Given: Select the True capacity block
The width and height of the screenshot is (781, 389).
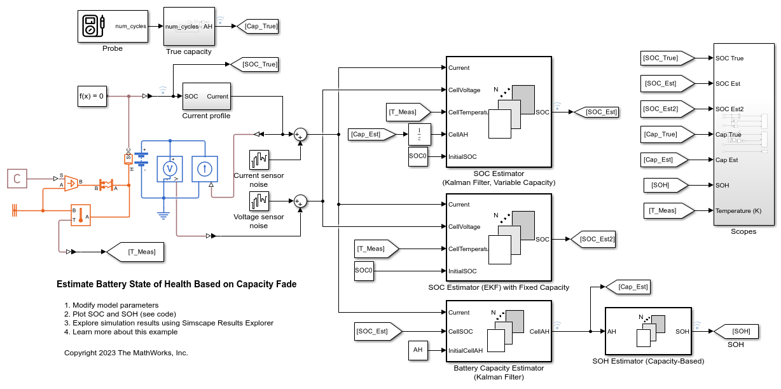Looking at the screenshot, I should coord(188,27).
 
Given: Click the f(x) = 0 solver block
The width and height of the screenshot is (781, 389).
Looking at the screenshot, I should coord(92,96).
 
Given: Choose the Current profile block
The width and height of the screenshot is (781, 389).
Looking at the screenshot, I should coord(206,97).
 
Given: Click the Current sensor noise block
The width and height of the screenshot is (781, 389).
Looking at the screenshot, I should coord(259,159).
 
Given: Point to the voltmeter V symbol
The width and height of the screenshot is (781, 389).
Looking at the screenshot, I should coord(170,168).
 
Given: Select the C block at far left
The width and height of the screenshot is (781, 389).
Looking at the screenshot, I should coord(17,179).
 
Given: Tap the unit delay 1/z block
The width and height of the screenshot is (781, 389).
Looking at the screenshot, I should coord(420,134).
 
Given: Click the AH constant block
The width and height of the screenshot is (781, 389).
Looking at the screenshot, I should coord(418,350).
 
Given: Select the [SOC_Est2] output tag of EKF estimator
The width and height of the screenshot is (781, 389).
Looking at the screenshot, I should coord(593,239).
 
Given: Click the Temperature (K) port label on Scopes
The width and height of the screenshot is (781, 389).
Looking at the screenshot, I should coord(738,210).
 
